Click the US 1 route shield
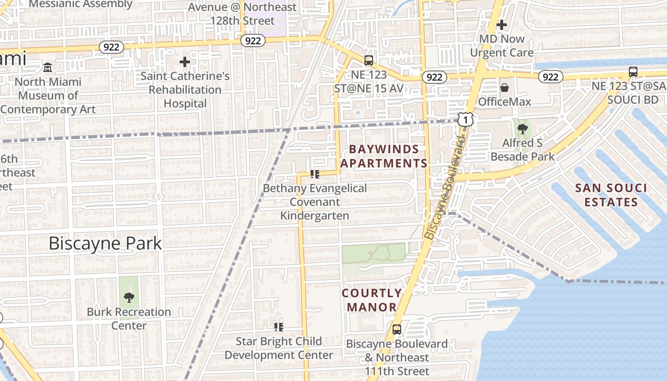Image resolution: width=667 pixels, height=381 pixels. click(465, 120)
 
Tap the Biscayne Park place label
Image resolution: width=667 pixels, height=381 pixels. click(105, 243)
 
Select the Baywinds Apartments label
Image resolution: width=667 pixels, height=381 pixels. click(384, 156)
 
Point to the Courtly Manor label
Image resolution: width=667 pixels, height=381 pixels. click(372, 300)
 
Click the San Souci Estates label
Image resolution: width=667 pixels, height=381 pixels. click(611, 195)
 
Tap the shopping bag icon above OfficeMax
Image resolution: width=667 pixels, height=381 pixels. click(504, 88)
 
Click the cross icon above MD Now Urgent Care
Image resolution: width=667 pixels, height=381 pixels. click(502, 24)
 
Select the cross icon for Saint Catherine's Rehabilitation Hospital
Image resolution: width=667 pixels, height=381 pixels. click(185, 62)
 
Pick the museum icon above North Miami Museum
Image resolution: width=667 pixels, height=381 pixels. click(48, 68)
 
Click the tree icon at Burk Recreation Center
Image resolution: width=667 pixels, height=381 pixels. click(129, 298)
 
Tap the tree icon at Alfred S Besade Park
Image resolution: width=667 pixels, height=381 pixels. click(523, 129)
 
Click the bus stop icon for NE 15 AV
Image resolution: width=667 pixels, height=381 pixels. click(369, 60)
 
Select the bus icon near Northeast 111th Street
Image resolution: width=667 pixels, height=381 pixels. click(396, 329)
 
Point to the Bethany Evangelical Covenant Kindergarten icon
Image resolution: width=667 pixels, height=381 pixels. click(314, 174)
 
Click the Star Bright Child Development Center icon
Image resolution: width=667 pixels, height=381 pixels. click(279, 327)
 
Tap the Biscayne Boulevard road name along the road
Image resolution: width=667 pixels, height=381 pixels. click(444, 188)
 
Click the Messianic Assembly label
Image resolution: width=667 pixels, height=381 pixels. click(81, 4)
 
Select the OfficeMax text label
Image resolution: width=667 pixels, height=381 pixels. click(505, 101)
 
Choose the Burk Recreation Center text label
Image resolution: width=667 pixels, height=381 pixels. click(129, 319)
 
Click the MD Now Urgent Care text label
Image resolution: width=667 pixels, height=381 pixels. click(502, 46)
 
